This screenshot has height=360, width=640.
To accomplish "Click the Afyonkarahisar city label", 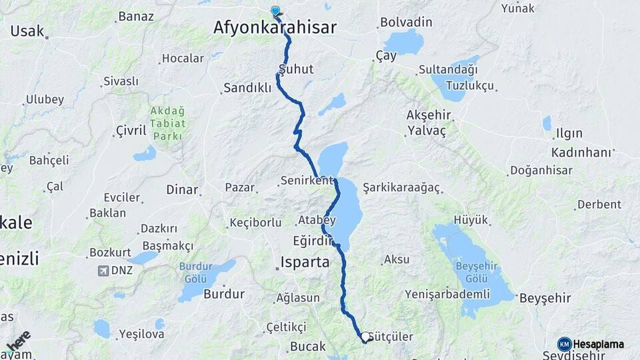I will tap(275, 27).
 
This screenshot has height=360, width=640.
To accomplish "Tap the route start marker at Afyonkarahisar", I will tap(275, 11).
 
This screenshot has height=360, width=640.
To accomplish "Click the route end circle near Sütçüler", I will tap(365, 337).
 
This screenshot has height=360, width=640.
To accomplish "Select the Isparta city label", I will tap(305, 262).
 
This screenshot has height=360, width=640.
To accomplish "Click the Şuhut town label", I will tap(296, 69).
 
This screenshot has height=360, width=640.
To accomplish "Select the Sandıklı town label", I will tap(247, 87).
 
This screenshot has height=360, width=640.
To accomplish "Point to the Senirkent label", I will tap(307, 181).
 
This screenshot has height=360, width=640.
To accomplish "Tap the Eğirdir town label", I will tap(312, 239).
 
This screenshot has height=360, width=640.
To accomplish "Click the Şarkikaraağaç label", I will tap(402, 188).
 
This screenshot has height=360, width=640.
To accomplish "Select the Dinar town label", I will tap(182, 189).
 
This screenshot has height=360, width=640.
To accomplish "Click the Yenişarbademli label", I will tap(452, 294).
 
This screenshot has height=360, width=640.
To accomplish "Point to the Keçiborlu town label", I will tap(255, 222).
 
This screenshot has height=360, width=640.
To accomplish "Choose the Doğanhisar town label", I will tap(541, 170).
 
